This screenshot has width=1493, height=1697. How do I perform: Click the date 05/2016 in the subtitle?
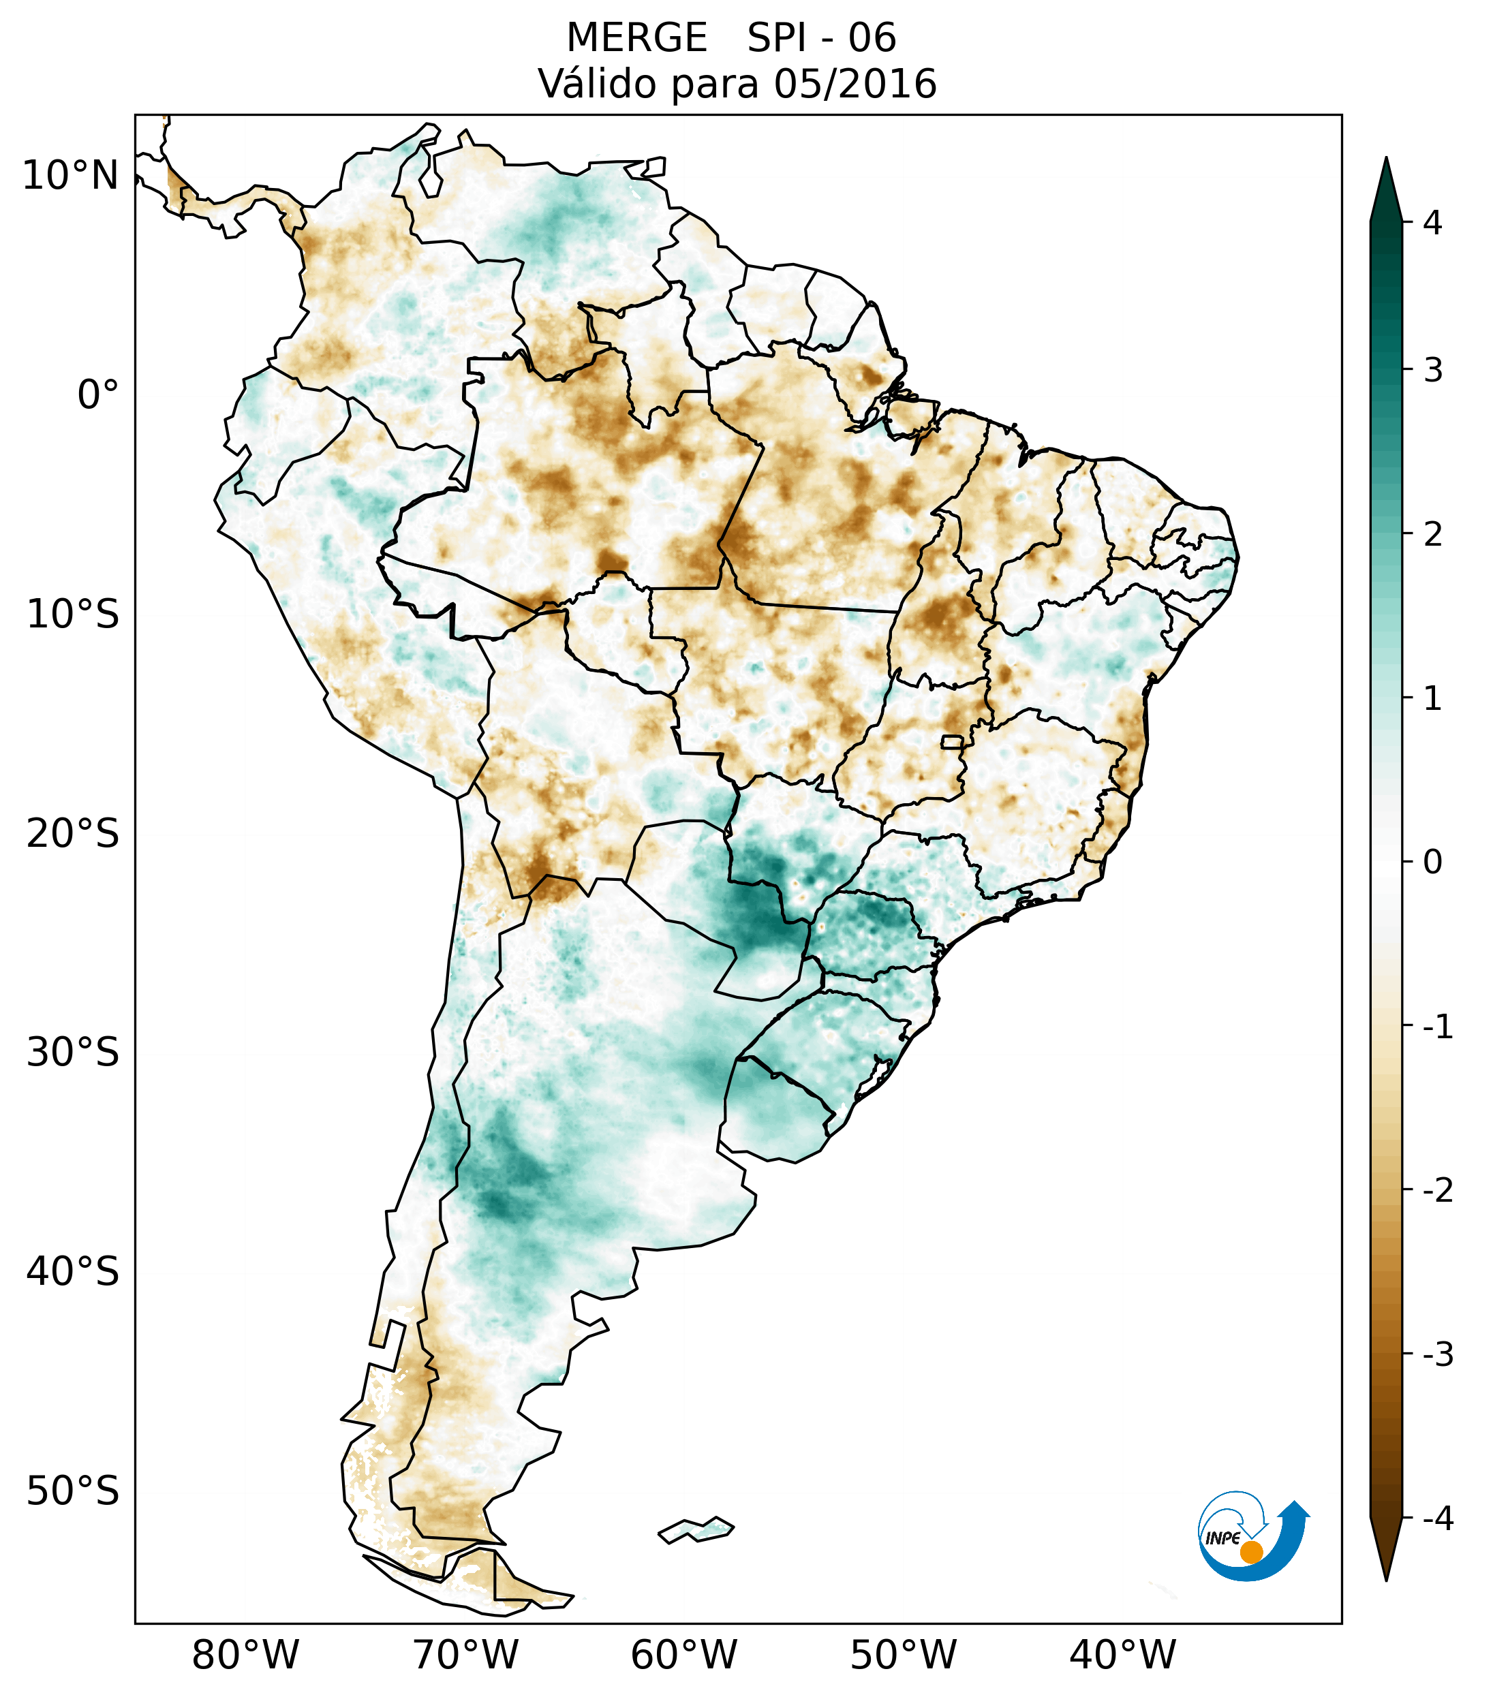click(855, 84)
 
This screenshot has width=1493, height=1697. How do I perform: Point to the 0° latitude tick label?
click(97, 395)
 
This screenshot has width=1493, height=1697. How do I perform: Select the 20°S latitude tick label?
click(72, 834)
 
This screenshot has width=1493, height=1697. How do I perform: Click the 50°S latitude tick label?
click(72, 1491)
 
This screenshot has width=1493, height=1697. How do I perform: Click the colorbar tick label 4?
click(1432, 223)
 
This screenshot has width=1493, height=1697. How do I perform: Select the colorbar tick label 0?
click(1432, 862)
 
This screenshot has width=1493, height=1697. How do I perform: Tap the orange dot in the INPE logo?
click(1250, 1552)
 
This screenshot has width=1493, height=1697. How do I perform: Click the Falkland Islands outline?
click(696, 1529)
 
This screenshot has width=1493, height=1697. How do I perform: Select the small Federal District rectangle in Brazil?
click(951, 741)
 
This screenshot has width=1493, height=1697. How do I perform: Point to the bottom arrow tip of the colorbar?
click(1386, 1580)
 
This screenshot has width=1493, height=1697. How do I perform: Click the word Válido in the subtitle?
click(598, 84)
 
